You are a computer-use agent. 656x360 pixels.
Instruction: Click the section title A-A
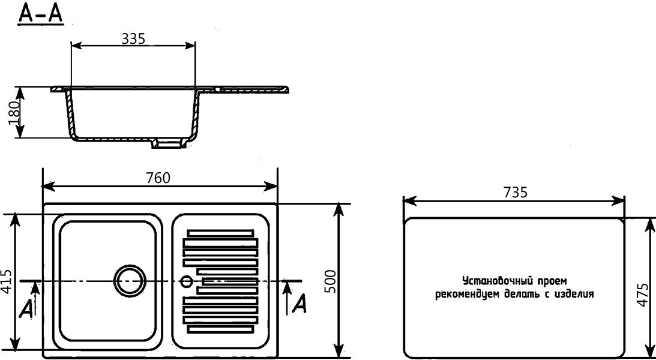point(41,14)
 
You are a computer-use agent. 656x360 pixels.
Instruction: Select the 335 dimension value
point(133,38)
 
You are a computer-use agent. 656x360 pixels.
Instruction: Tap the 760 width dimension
point(158,178)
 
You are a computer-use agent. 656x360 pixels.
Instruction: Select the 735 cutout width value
point(515,192)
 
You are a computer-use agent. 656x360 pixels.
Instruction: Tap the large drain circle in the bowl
point(129,280)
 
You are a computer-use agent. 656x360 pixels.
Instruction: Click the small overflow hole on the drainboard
point(187,280)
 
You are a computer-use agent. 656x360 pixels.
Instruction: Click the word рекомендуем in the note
point(463,295)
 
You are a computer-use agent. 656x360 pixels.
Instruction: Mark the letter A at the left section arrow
point(26,308)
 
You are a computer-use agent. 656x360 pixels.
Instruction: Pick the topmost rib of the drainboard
point(220,232)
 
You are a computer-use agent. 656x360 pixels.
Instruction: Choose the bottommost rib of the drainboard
point(220,329)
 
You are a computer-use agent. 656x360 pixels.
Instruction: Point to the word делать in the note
point(520,295)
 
